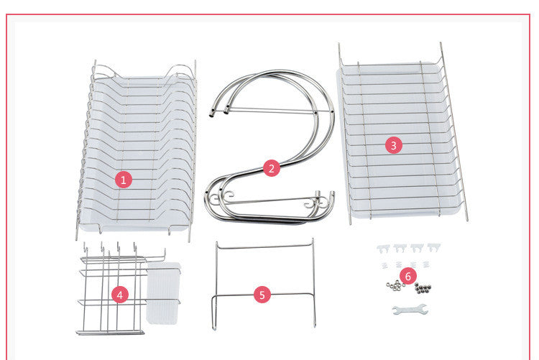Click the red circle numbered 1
(x=123, y=180)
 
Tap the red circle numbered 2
(x=270, y=168)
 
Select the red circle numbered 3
(x=392, y=144)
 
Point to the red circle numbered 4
(x=121, y=294)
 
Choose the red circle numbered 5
(x=262, y=294)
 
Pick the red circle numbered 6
(x=407, y=275)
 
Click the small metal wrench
(x=410, y=310)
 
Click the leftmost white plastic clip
(x=384, y=248)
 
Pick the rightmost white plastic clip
(x=434, y=248)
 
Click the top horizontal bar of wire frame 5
(x=264, y=247)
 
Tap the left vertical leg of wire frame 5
(x=215, y=287)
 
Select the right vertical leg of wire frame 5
(x=314, y=287)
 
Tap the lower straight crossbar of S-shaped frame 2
(x=269, y=201)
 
